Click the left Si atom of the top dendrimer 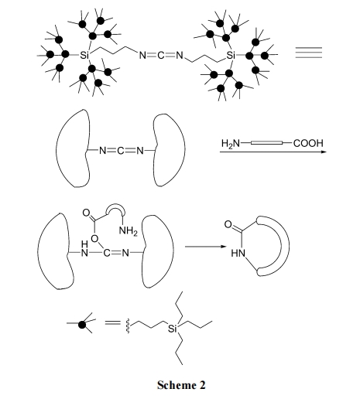point(84,55)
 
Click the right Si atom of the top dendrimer point(231,55)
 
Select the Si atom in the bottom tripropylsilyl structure point(173,329)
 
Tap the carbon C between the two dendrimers point(161,56)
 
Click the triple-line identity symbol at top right point(309,53)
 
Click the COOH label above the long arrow point(308,143)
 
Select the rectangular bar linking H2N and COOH point(266,142)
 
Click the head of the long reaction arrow point(324,152)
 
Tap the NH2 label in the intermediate point(129,230)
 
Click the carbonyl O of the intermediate point(86,213)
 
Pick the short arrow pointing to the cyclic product point(205,247)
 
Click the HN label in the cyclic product point(238,254)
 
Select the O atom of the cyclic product point(228,224)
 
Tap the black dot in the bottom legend point(82,324)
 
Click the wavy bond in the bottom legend point(128,326)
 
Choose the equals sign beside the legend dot point(113,322)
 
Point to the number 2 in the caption point(203,385)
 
